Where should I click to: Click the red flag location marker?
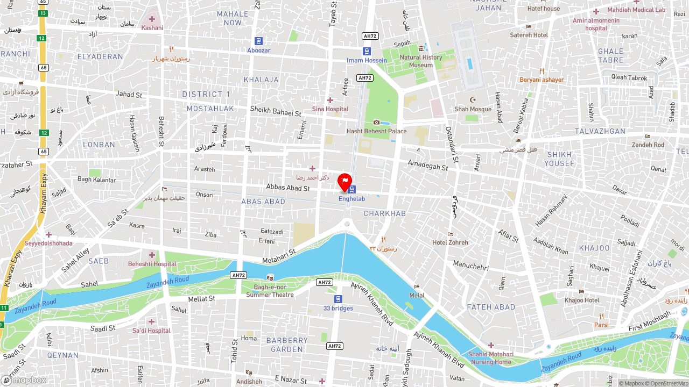pos(344,182)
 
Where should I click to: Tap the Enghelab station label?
pos(351,199)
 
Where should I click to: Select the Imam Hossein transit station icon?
pos(367,52)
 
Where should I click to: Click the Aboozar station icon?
pos(258,41)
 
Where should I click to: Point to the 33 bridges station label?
pos(338,308)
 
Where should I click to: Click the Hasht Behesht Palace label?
pos(376,131)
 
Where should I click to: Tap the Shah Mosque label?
pos(473,109)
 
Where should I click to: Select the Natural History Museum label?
pos(421,61)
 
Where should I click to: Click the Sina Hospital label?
pos(330,109)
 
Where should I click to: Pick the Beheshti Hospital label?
pos(152,264)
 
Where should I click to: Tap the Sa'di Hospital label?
pos(151,331)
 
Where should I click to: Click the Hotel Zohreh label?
pos(450,242)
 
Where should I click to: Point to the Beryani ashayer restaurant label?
pos(542,80)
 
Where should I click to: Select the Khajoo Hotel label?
pos(581,300)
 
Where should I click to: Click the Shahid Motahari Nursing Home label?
pos(490,358)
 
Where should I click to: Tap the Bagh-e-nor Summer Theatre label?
pos(270,291)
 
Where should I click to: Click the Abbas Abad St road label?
pos(288,188)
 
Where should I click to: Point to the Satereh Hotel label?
pos(529,35)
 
